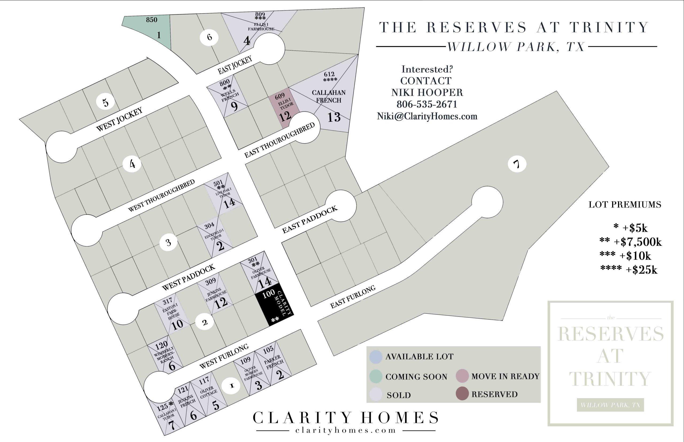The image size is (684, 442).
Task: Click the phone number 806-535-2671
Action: (427, 104)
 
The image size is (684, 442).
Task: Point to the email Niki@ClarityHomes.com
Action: (427, 116)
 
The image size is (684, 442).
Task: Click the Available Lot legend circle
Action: (376, 357)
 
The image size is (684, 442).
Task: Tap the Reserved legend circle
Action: (462, 394)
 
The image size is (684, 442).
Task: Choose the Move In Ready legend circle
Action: (462, 376)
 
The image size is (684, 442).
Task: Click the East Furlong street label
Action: (353, 297)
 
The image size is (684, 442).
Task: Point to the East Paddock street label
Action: (310, 220)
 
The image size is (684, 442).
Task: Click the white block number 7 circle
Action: (517, 164)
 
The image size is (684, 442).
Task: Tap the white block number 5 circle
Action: (106, 102)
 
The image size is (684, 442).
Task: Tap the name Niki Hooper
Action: (427, 92)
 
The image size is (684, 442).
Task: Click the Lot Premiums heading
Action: (624, 205)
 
